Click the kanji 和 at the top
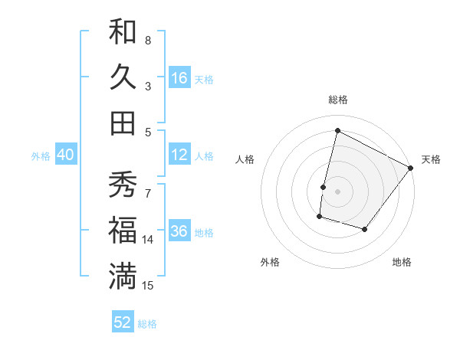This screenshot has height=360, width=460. tap(123, 32)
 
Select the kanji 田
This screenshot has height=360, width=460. tap(123, 122)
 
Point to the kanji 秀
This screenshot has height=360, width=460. tap(123, 185)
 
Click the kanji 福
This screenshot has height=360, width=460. tap(123, 230)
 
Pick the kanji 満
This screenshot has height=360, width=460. tap(123, 275)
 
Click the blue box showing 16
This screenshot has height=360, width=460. tap(179, 77)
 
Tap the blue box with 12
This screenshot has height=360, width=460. tap(179, 155)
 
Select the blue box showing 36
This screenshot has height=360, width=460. tap(179, 232)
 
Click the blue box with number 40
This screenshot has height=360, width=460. tap(65, 155)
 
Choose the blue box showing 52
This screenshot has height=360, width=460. tap(123, 322)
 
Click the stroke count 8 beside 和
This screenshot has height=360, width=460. tap(147, 40)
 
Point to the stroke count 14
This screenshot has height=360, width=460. tap(148, 240)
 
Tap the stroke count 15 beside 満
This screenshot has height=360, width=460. tap(148, 285)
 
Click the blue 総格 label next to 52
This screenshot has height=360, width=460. tap(147, 324)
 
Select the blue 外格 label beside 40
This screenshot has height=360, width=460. tap(41, 156)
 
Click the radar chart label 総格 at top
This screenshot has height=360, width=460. tap(337, 100)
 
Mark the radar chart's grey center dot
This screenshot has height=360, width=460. tap(337, 191)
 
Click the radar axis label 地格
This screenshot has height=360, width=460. tap(402, 263)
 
